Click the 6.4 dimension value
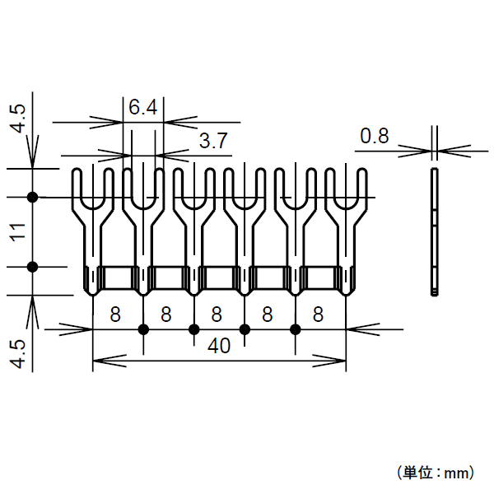142,108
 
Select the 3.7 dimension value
212,141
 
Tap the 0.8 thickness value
375,136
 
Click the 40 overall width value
219,347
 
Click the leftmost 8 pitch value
115,314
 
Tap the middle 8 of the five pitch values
217,314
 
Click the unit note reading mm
435,473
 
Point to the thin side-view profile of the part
435,231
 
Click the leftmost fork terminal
92,231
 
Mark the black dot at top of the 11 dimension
33,197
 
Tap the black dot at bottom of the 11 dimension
33,267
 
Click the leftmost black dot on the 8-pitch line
143,329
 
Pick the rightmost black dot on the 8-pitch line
296,329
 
